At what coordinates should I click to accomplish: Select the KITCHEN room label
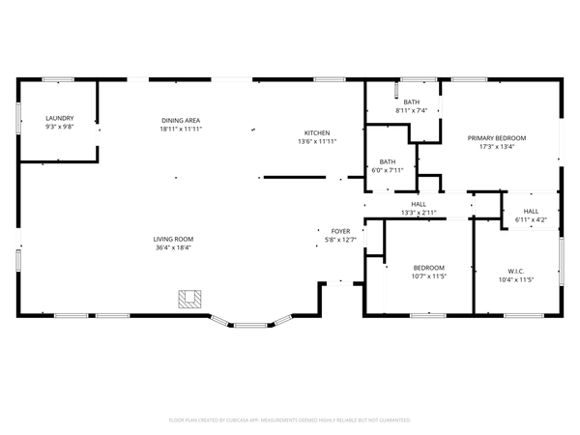[x=317, y=132]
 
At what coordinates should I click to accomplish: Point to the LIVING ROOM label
[x=173, y=239]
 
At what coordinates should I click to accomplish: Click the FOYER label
[x=340, y=231]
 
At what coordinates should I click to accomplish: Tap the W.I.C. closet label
[x=515, y=270]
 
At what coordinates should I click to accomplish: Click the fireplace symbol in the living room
[x=189, y=299]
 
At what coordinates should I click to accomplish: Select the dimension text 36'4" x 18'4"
[x=173, y=247]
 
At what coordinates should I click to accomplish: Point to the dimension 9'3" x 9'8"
[x=59, y=128]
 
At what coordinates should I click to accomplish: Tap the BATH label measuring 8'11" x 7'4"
[x=412, y=102]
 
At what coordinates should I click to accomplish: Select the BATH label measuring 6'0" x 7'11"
[x=388, y=161]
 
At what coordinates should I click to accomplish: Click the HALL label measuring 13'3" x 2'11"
[x=419, y=204]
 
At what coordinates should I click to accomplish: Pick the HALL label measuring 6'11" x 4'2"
[x=532, y=211]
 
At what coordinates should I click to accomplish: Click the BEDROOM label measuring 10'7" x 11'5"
[x=429, y=268]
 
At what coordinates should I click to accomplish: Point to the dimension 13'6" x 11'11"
[x=317, y=141]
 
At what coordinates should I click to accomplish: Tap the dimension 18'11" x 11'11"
[x=181, y=128]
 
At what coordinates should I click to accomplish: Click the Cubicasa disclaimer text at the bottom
[x=290, y=420]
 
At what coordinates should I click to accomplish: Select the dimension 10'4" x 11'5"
[x=515, y=278]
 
